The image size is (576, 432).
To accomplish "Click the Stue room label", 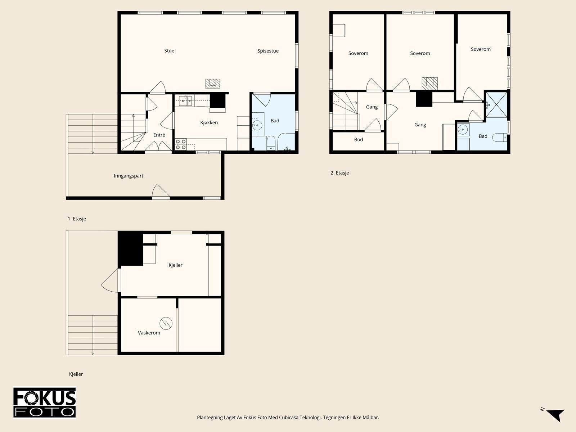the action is pos(169,51).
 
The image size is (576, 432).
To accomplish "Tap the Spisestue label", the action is pos(268,51).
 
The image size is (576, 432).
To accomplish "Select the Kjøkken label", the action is pos(209,122).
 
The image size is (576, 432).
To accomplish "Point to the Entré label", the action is pos(159,135).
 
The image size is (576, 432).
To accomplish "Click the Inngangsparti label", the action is pos(129,176).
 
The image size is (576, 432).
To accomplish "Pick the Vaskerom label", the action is pos(149,333).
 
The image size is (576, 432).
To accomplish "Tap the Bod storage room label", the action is pos(359,140).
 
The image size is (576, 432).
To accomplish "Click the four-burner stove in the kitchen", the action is pos(181,144).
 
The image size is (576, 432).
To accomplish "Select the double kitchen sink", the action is pos(185,101).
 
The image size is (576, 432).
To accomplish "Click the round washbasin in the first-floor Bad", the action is pos(257,125).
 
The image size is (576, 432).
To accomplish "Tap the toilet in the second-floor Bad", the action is pos(500,138).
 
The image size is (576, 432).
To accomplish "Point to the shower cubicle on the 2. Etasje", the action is pos(496,105).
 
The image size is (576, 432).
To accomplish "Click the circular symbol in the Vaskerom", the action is pos(166,323).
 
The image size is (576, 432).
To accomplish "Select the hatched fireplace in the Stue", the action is pos(212,84).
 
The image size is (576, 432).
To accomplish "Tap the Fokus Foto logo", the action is pos(45,402).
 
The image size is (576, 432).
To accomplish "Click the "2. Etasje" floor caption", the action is pos(339,173).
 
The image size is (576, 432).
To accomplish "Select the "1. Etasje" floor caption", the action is pos(77,219).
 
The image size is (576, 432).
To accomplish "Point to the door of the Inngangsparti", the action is pos(161,191).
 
